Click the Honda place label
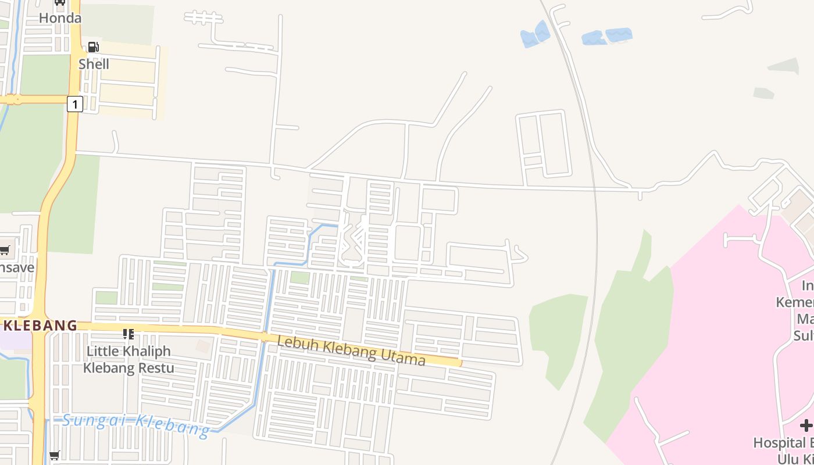pos(60,18)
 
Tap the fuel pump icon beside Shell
pos(93,47)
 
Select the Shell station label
pos(94,64)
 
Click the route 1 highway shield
pos(74,104)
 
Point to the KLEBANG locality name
pos(40,325)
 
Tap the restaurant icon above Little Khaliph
pos(128,334)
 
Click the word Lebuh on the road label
pos(298,342)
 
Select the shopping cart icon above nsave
pos(5,251)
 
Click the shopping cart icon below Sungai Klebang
pos(54,456)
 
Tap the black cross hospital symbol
pos(806,426)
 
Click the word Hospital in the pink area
pos(779,443)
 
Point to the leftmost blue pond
pos(535,35)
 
